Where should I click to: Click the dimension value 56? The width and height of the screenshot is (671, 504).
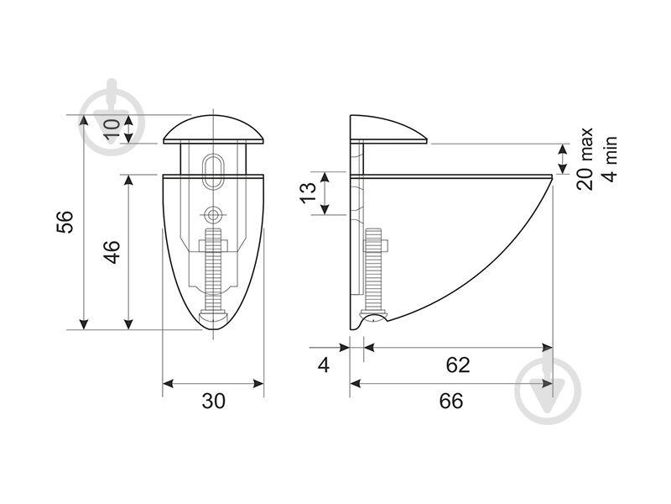pyautogui.click(x=65, y=222)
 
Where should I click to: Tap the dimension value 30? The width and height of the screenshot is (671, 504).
pyautogui.click(x=213, y=402)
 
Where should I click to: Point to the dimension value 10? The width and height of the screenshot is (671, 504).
pyautogui.click(x=112, y=129)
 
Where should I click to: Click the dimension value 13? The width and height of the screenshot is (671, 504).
pyautogui.click(x=308, y=193)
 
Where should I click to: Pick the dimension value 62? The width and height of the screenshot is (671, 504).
pyautogui.click(x=458, y=365)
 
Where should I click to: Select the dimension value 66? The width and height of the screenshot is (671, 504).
pyautogui.click(x=451, y=402)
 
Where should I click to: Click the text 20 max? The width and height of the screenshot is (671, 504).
pyautogui.click(x=585, y=158)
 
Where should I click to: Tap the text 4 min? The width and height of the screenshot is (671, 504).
pyautogui.click(x=610, y=159)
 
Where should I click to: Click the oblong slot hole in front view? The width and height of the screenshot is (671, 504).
pyautogui.click(x=213, y=170)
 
